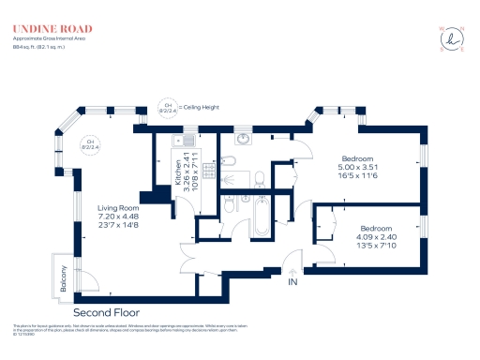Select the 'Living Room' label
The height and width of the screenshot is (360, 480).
[118, 207]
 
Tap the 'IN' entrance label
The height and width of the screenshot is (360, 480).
[292, 281]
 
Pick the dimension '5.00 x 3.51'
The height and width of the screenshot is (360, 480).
[359, 168]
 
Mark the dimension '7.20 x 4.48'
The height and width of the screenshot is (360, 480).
[118, 217]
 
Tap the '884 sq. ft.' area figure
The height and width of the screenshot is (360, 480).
[25, 46]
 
